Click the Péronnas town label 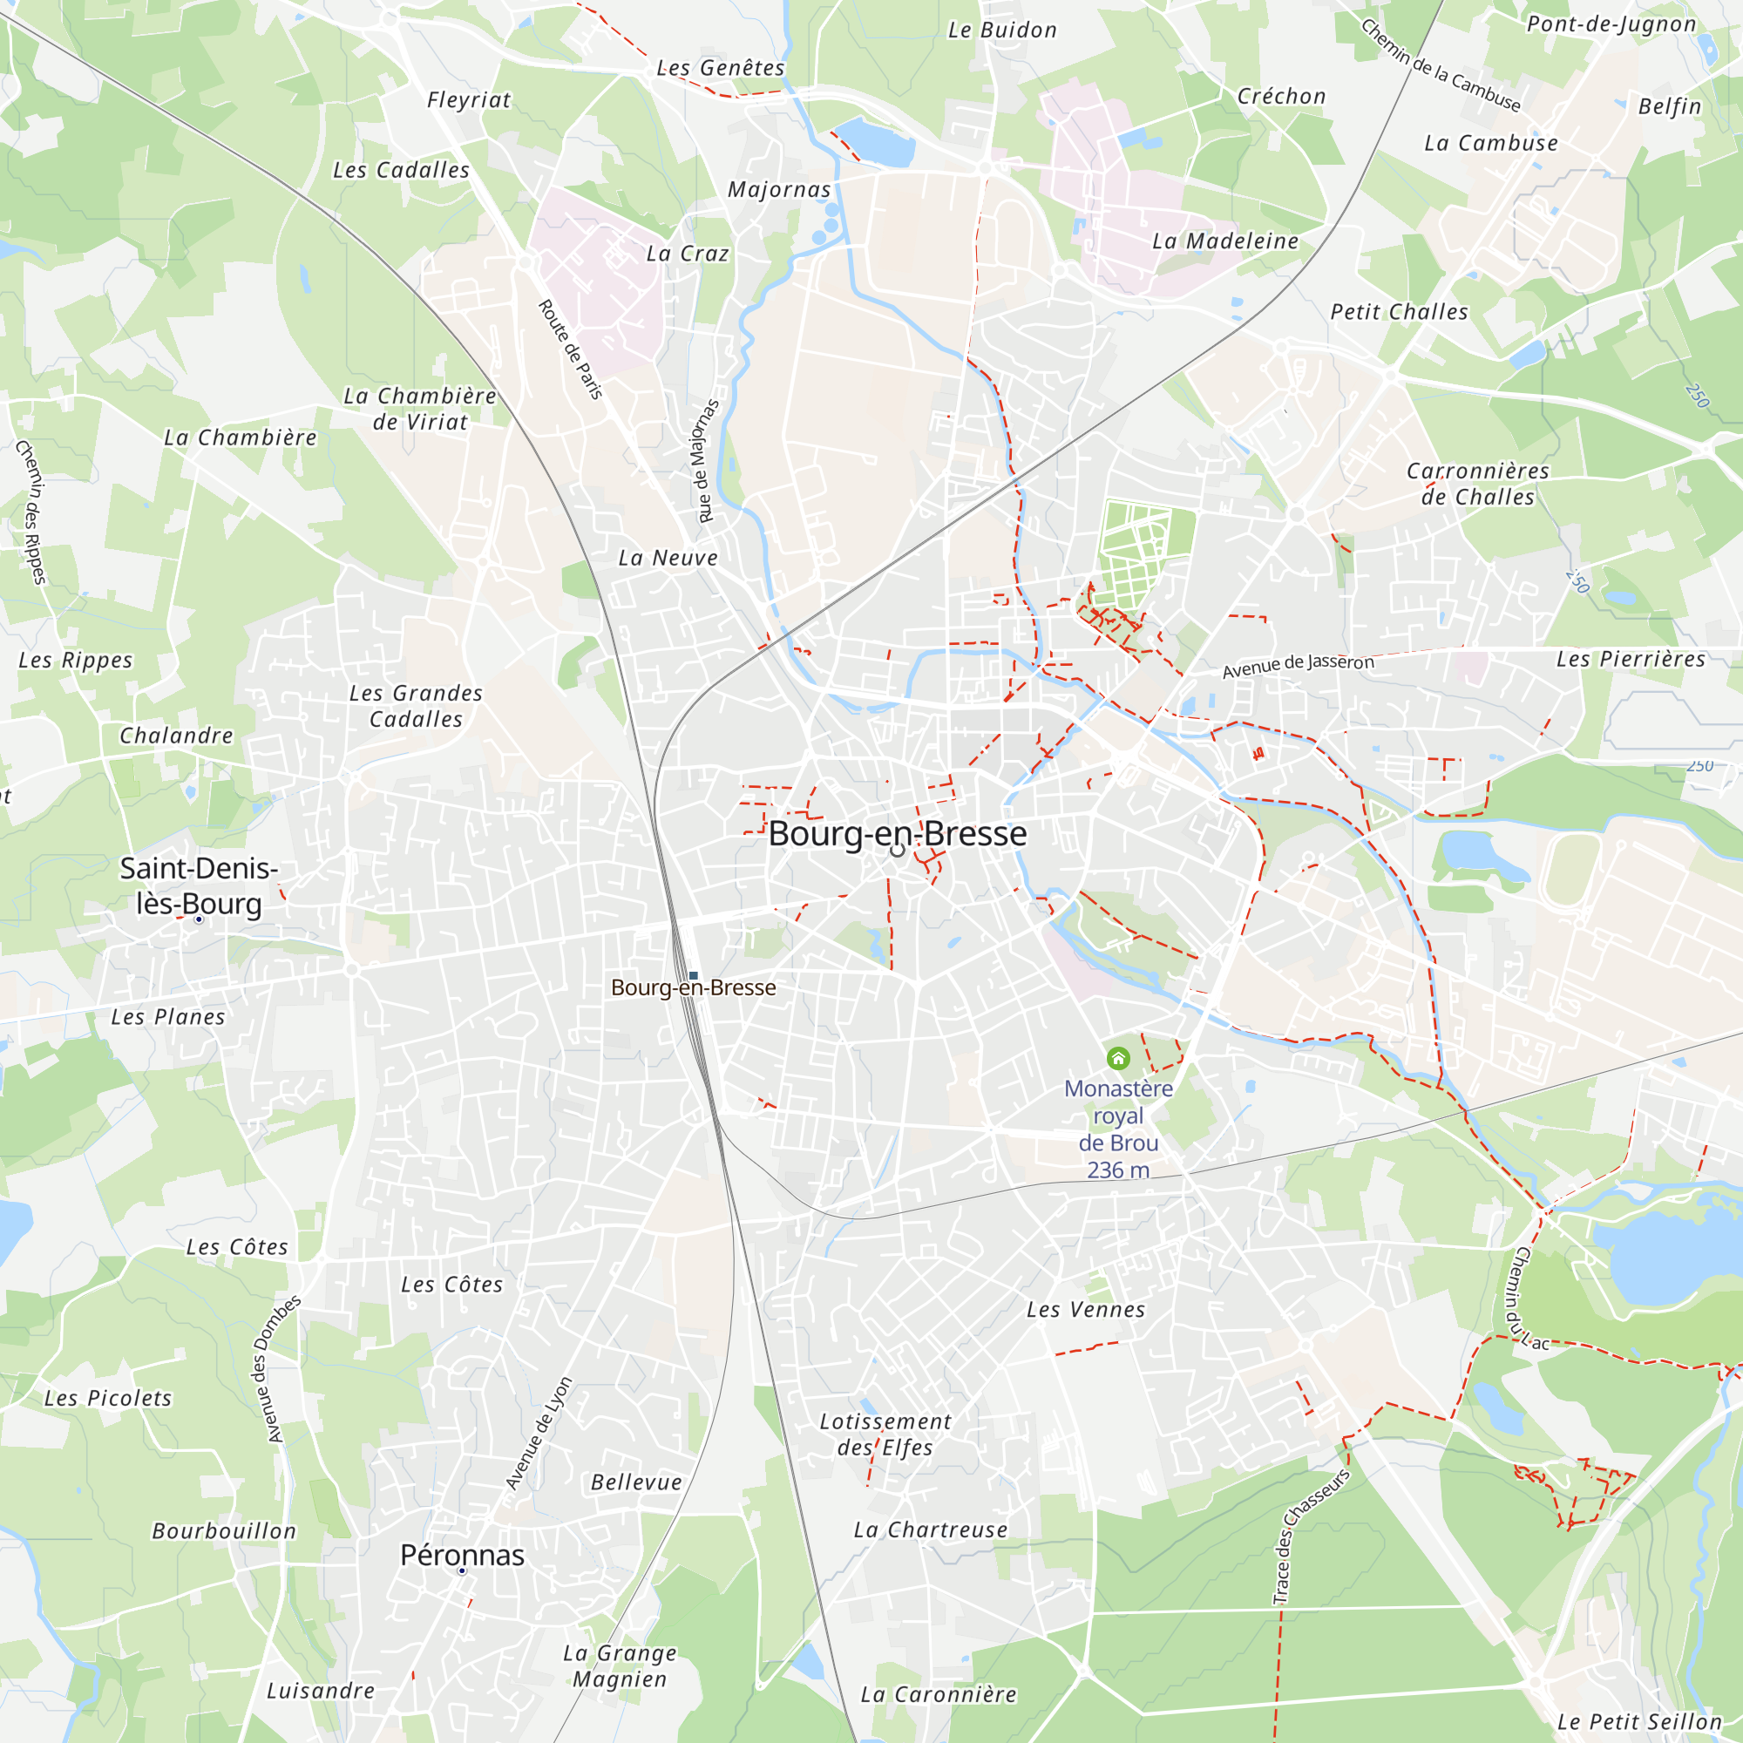coord(462,1555)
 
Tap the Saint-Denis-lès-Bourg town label coord(199,885)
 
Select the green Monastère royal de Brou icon coord(1118,1057)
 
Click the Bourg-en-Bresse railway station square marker coord(693,975)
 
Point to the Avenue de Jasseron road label coord(1298,666)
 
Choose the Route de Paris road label coord(570,349)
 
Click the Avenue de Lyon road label coord(539,1434)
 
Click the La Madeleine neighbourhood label coord(1225,241)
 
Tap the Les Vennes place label coord(1085,1309)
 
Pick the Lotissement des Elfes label coord(885,1434)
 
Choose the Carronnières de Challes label coord(1478,484)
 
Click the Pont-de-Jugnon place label coord(1611,24)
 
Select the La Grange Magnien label coord(620,1665)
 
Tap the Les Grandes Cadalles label coord(416,706)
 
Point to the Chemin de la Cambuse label coord(1440,66)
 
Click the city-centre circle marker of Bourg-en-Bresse coord(897,850)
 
